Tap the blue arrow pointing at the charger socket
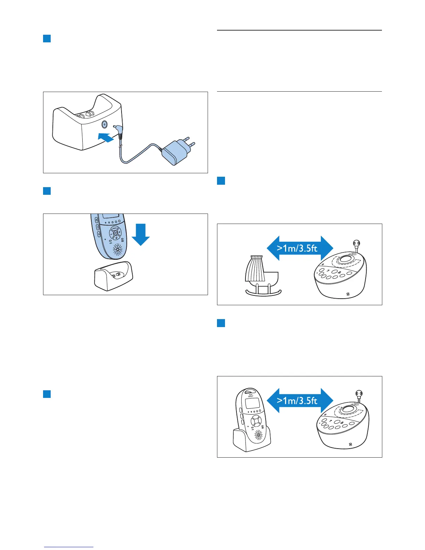tap(106, 137)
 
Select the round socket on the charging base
tap(104, 125)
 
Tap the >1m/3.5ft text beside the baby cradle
tap(297, 248)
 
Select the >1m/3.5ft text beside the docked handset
tap(297, 401)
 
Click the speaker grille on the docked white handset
tap(259, 435)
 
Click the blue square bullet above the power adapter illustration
tap(47, 38)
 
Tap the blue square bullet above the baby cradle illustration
tap(221, 181)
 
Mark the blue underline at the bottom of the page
tap(69, 547)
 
